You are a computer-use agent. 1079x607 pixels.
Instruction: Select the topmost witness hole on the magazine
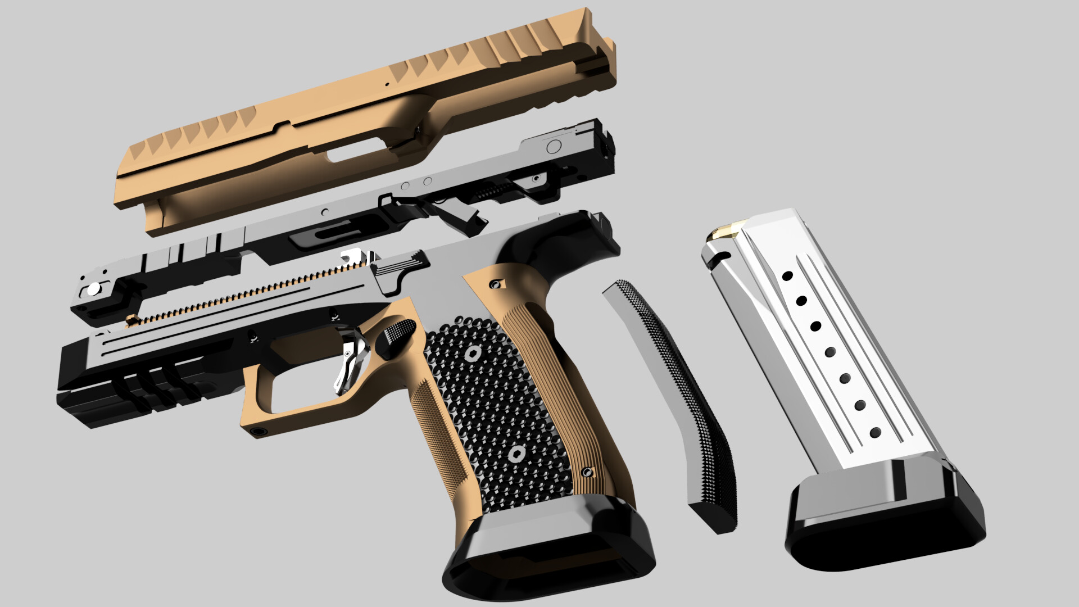(x=787, y=276)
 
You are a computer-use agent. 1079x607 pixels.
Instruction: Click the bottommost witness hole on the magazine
(x=875, y=432)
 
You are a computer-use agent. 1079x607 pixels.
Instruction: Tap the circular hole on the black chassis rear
(x=554, y=147)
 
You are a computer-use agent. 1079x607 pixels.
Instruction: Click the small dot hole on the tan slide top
(x=387, y=84)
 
